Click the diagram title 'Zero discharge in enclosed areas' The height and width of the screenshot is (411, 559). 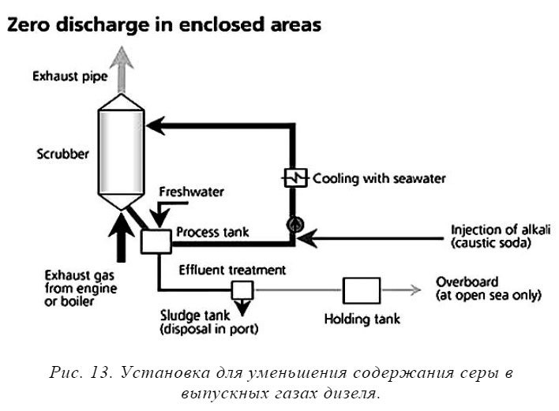(163, 25)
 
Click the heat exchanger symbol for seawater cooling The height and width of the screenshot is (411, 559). (294, 179)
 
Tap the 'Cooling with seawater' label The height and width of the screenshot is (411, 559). (378, 179)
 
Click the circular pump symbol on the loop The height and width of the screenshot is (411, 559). (294, 223)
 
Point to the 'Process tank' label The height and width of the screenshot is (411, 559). (212, 232)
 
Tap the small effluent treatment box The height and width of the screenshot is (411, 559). (239, 290)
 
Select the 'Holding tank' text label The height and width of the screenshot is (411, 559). (362, 319)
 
